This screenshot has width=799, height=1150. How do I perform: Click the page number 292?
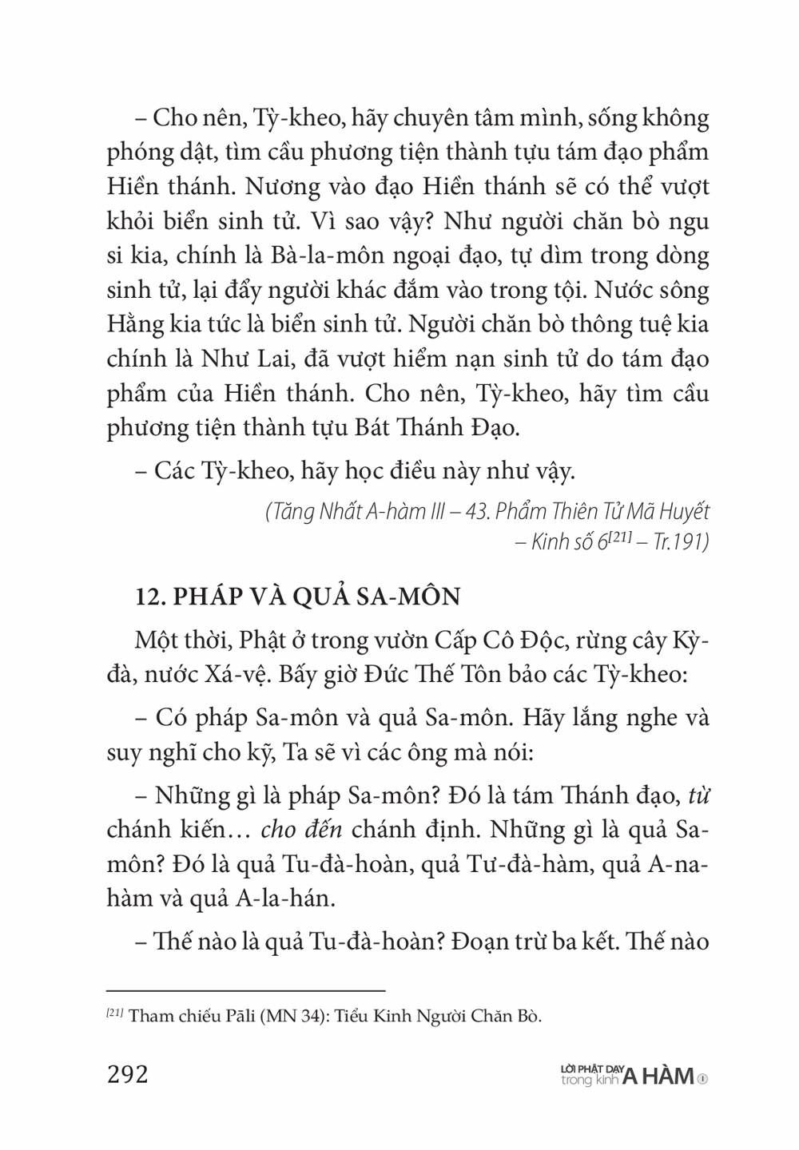point(128,1074)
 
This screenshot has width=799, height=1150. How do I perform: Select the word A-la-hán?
point(278,898)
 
